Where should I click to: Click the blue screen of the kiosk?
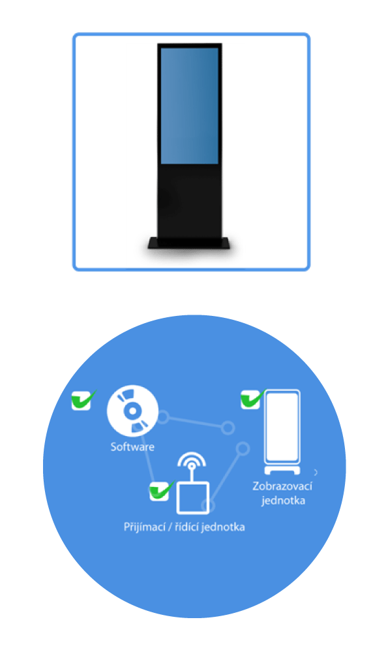click(x=189, y=106)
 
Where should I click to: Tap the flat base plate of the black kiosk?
click(x=189, y=243)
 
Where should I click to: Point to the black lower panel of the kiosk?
click(x=190, y=200)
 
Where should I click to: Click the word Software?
click(x=132, y=446)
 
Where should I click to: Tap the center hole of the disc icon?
click(x=132, y=411)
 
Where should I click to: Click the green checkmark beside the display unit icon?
click(x=252, y=399)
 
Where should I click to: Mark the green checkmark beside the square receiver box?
click(x=160, y=491)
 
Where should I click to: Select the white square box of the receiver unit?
click(x=193, y=497)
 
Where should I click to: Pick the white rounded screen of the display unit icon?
click(x=282, y=426)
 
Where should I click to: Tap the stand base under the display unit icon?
click(x=282, y=471)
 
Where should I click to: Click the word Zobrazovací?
click(x=282, y=486)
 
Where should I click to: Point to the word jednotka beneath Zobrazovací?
click(x=283, y=501)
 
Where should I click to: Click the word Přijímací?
click(x=144, y=527)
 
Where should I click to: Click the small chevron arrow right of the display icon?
click(x=316, y=473)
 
